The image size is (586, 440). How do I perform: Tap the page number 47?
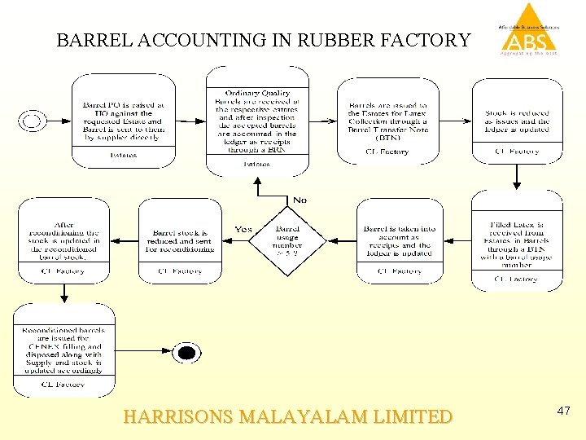coord(563,412)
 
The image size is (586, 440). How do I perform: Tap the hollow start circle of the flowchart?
coord(33,121)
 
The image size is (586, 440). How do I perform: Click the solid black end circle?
coord(186,353)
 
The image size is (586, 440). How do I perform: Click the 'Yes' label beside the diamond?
coord(243,230)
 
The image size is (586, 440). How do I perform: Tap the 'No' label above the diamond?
coord(300,200)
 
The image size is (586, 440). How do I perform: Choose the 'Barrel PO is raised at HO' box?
coord(123,121)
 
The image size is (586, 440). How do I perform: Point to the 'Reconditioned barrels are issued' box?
coord(64,351)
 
